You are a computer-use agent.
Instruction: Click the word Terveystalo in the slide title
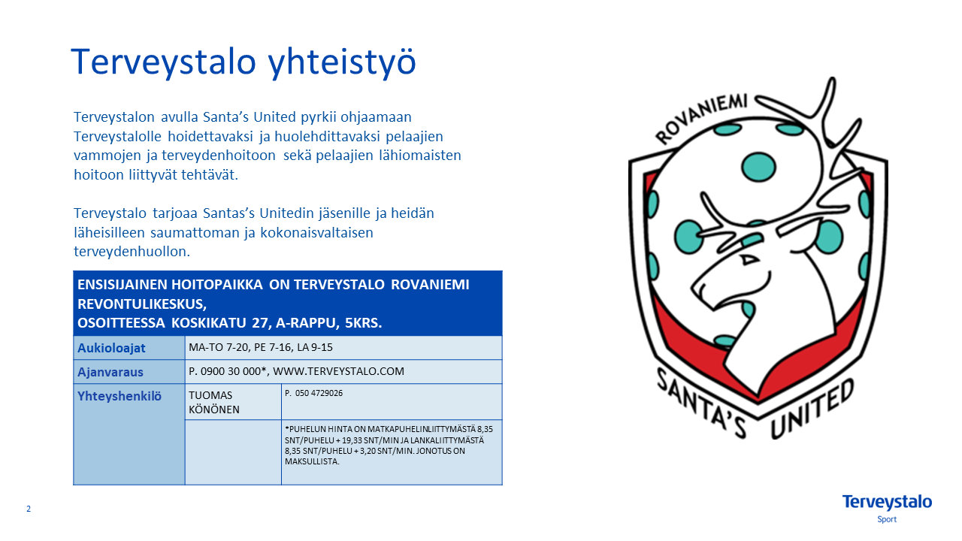(x=164, y=62)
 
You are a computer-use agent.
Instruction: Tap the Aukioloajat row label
(x=111, y=348)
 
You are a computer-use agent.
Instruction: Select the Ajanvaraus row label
(x=110, y=372)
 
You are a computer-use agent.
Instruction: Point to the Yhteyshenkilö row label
(x=119, y=396)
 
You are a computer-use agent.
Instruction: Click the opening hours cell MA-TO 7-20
(x=218, y=347)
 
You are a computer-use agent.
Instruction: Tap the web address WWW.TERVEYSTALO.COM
(x=338, y=371)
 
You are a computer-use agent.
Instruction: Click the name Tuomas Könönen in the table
(x=214, y=402)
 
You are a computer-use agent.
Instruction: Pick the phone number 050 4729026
(x=319, y=393)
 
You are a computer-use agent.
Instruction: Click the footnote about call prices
(x=389, y=446)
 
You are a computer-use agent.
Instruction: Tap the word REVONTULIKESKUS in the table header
(x=142, y=304)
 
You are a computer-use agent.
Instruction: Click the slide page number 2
(x=29, y=509)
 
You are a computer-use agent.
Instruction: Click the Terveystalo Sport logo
(x=887, y=509)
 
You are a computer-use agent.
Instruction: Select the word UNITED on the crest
(x=812, y=410)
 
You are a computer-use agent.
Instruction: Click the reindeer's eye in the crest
(x=749, y=260)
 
